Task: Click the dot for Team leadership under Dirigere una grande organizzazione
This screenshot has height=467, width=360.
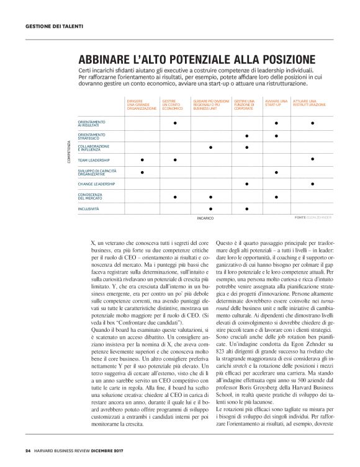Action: pyautogui.click(x=142, y=159)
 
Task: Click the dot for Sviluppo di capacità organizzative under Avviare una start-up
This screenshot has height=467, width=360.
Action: pyautogui.click(x=276, y=171)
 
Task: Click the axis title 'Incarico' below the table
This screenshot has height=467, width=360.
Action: pyautogui.click(x=205, y=218)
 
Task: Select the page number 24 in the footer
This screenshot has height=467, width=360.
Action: pyautogui.click(x=28, y=450)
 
